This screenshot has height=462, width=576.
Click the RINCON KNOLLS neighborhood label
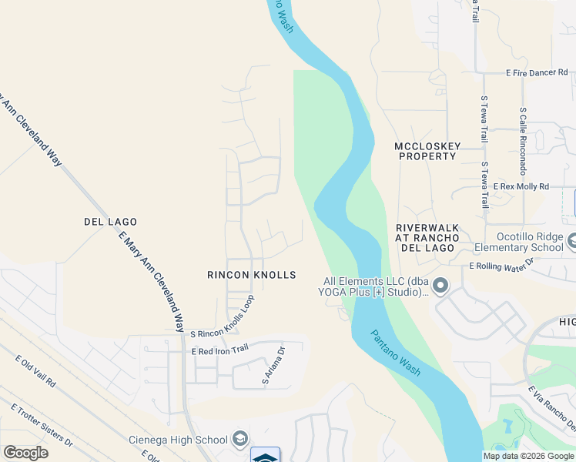click(x=251, y=275)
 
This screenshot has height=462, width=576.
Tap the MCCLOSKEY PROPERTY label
click(x=425, y=151)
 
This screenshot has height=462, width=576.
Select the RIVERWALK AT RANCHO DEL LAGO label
click(x=427, y=237)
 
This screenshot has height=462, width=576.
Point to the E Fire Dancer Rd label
click(x=537, y=72)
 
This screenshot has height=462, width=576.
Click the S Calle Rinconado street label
click(x=522, y=139)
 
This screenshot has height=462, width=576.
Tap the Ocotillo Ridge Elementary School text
click(x=518, y=242)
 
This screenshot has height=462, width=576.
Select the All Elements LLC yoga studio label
click(x=375, y=287)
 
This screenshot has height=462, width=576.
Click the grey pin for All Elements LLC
click(x=440, y=286)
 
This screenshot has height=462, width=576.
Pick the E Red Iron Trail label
click(x=220, y=350)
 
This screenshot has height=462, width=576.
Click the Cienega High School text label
click(x=177, y=440)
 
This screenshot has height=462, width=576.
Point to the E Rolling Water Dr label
click(x=501, y=265)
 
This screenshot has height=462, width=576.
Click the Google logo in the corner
click(x=25, y=453)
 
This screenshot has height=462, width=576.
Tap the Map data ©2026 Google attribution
click(x=528, y=456)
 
